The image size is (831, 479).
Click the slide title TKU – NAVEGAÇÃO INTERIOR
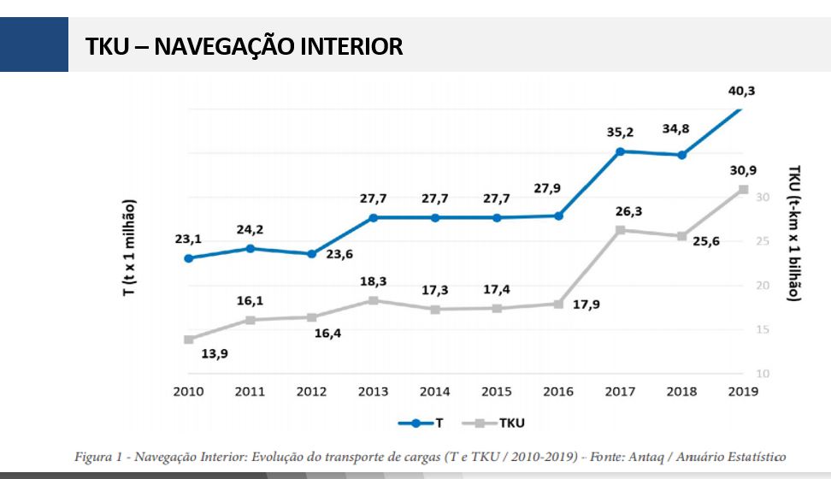coord(244,46)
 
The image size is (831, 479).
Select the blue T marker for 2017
coord(620,151)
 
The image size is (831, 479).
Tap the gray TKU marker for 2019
coord(744,189)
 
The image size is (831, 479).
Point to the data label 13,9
coord(214,352)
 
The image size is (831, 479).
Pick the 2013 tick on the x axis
coord(373,392)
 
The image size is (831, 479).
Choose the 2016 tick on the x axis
coord(558,392)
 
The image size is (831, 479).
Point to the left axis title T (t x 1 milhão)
coord(129,248)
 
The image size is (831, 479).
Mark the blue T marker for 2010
coord(188,257)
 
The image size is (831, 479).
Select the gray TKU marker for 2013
coord(373,300)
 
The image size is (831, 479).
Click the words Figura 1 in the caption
coord(97,457)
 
